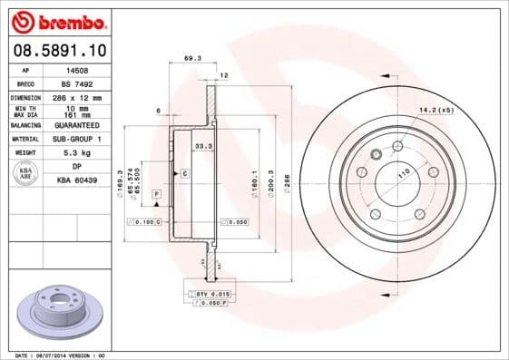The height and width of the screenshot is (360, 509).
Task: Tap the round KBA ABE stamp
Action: click(26, 174)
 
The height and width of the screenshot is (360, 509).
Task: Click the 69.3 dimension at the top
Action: click(191, 58)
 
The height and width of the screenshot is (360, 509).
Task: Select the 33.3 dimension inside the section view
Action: click(204, 145)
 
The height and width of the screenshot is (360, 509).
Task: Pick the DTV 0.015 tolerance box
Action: click(208, 295)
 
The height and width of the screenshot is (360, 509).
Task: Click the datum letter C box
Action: click(185, 172)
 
